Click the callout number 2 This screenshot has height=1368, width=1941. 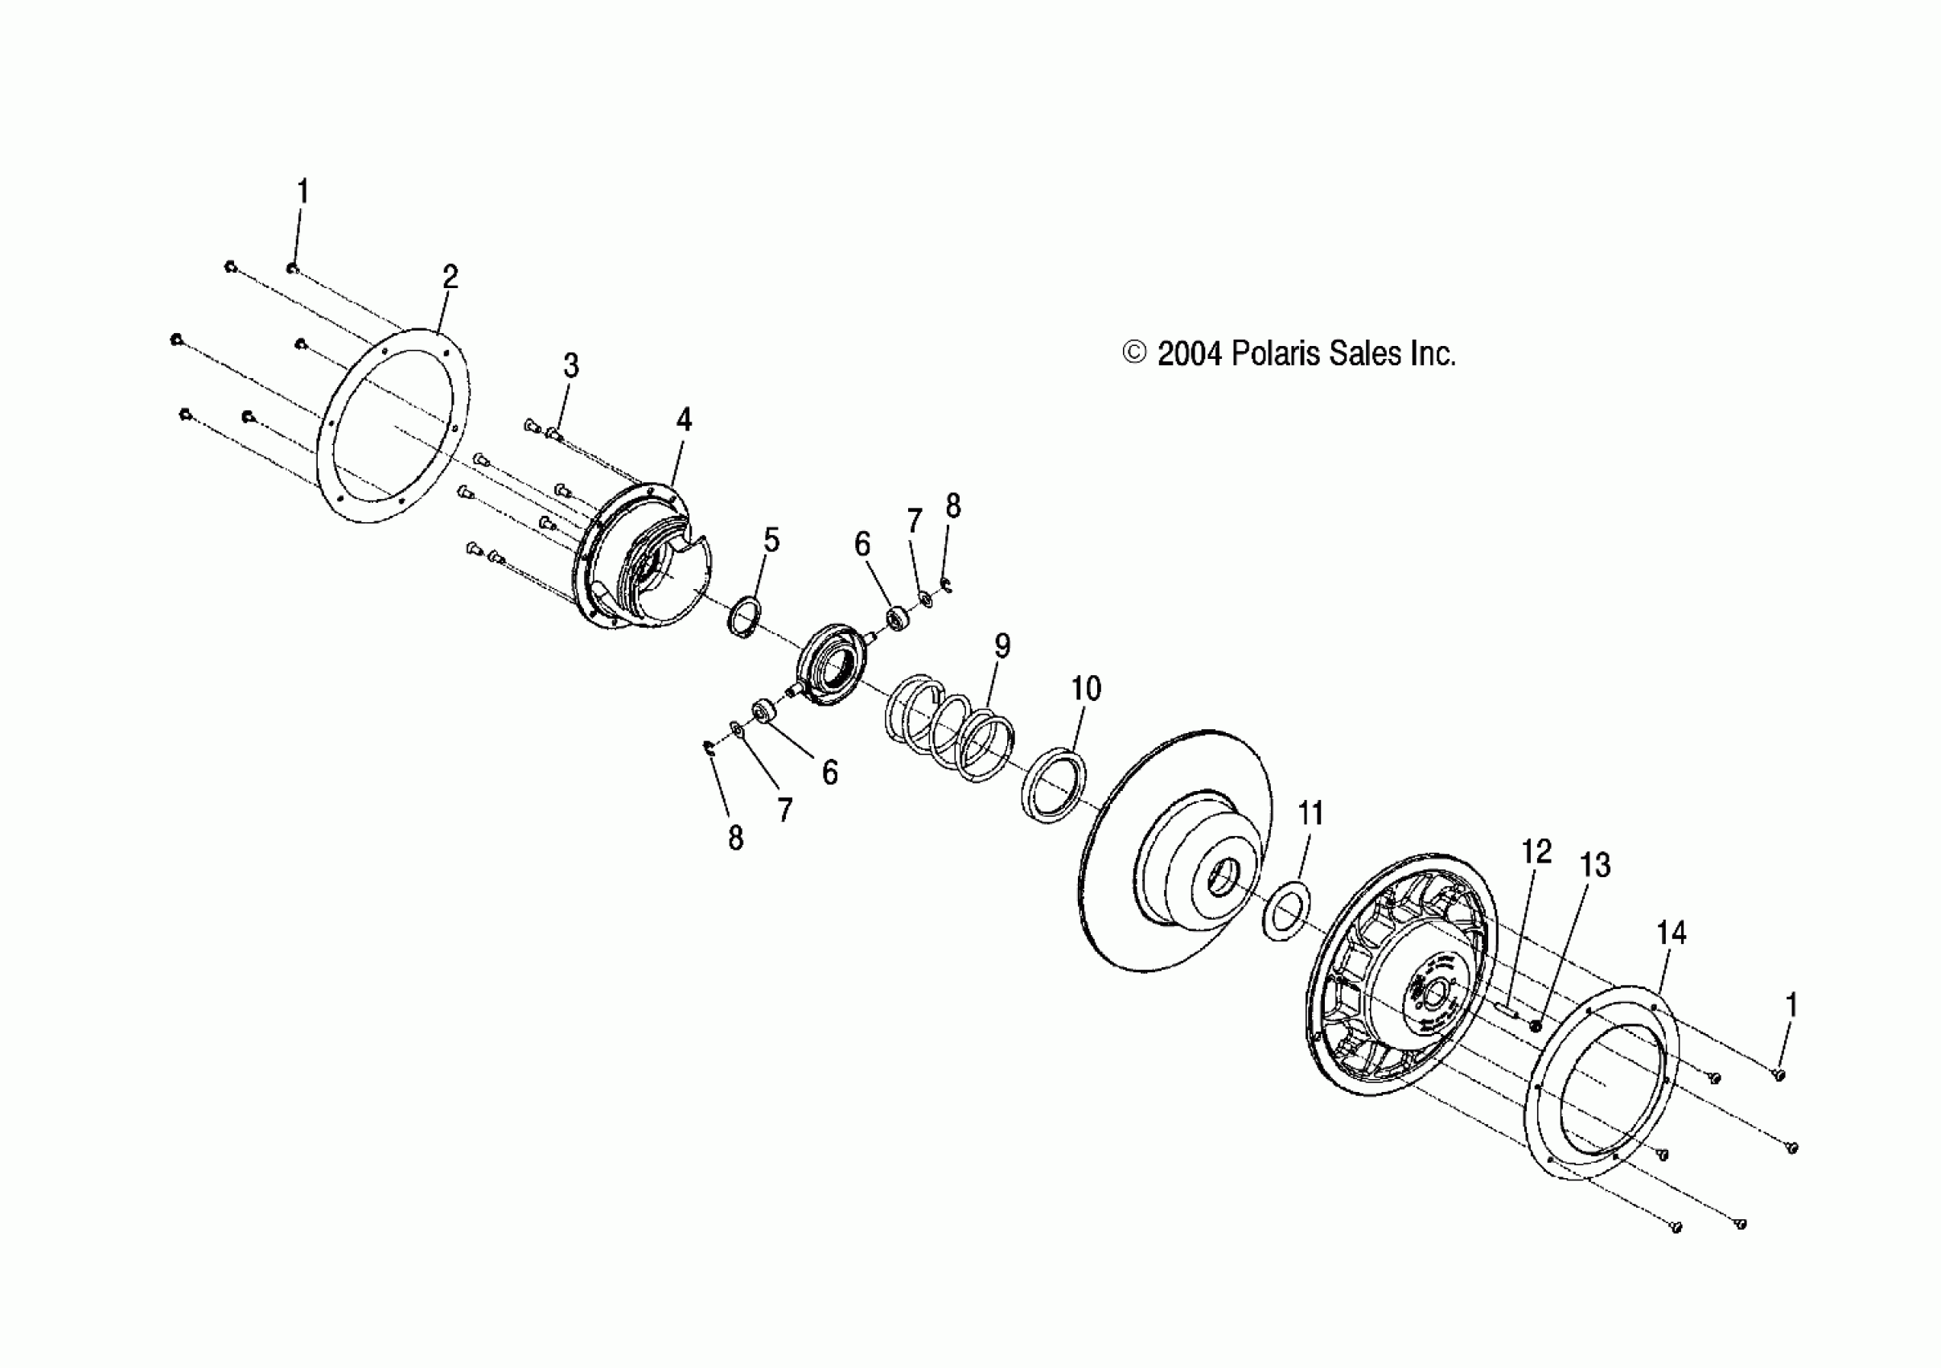450,278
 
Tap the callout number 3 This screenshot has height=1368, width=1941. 570,366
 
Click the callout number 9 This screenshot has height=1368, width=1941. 1001,646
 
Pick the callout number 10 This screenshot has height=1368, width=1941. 1085,689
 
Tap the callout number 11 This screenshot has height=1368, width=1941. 1310,814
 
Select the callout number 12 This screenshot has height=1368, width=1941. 1536,851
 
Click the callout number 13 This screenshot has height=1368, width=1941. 1595,865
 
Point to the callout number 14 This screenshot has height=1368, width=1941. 1671,933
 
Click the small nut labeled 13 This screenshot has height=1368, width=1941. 1536,1025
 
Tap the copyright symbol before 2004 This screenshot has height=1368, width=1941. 1133,353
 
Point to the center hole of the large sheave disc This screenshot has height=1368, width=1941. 1220,882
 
